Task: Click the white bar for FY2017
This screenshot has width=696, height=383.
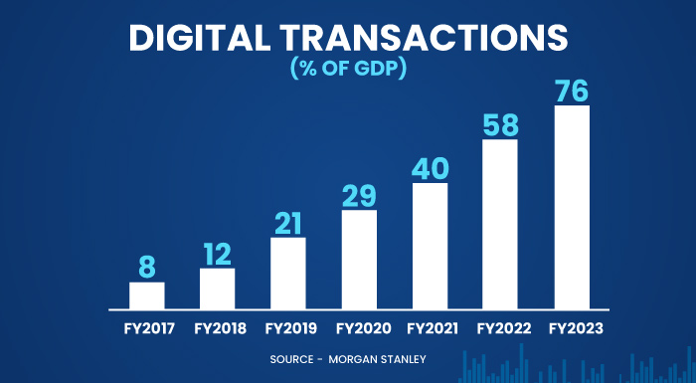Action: click(x=146, y=295)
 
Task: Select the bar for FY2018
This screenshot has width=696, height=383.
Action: click(x=217, y=288)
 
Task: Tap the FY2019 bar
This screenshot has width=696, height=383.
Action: click(x=288, y=274)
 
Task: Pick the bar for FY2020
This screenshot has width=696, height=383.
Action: click(x=359, y=260)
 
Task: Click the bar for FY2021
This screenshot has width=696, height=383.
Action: click(x=430, y=246)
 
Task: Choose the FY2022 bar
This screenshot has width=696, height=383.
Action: click(x=500, y=224)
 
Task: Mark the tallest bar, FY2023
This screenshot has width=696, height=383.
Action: click(x=572, y=207)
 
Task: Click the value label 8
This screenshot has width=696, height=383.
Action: click(x=147, y=266)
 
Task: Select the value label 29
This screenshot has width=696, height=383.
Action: click(x=359, y=194)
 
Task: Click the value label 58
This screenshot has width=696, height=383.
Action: click(x=500, y=124)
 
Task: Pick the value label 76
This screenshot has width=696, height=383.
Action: click(x=572, y=90)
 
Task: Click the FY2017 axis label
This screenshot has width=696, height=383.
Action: click(x=146, y=327)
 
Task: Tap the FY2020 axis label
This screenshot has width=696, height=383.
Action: click(x=359, y=327)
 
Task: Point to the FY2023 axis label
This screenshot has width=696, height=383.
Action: click(x=572, y=327)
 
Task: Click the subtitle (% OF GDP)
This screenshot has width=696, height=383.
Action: click(x=348, y=70)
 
